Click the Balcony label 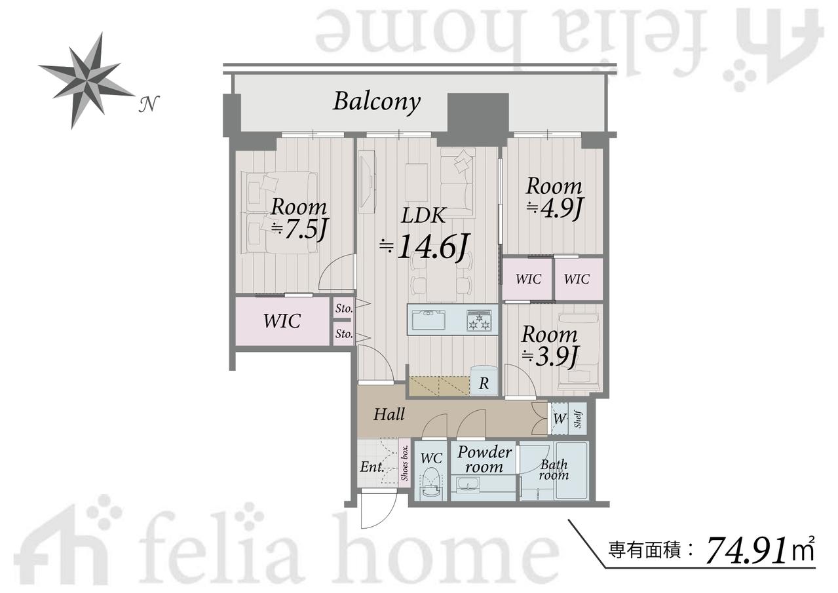[x=376, y=102]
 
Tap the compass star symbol [x=86, y=81]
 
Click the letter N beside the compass [x=149, y=104]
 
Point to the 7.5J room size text [x=299, y=228]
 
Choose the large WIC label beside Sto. [x=282, y=321]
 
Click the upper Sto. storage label [x=344, y=308]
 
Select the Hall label [x=389, y=415]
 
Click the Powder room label [x=484, y=459]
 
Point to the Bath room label [x=554, y=470]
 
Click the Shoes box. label [x=404, y=463]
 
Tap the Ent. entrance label [x=372, y=467]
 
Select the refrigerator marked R [x=484, y=380]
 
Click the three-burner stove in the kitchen [x=478, y=320]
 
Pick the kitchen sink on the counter [x=429, y=320]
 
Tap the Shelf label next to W [x=578, y=419]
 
